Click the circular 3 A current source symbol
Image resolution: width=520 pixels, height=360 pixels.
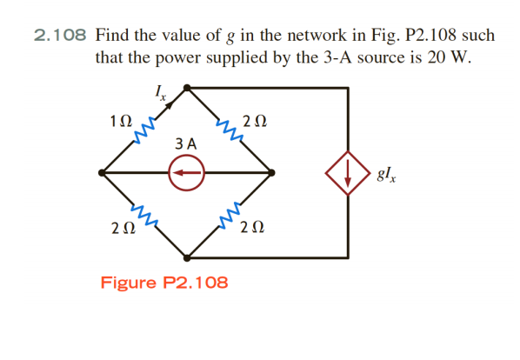click(x=185, y=173)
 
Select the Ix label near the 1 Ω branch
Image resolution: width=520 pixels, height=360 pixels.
click(x=159, y=90)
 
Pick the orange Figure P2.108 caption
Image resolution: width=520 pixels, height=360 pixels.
click(x=164, y=283)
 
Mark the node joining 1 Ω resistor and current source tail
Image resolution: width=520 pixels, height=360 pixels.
click(x=103, y=173)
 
